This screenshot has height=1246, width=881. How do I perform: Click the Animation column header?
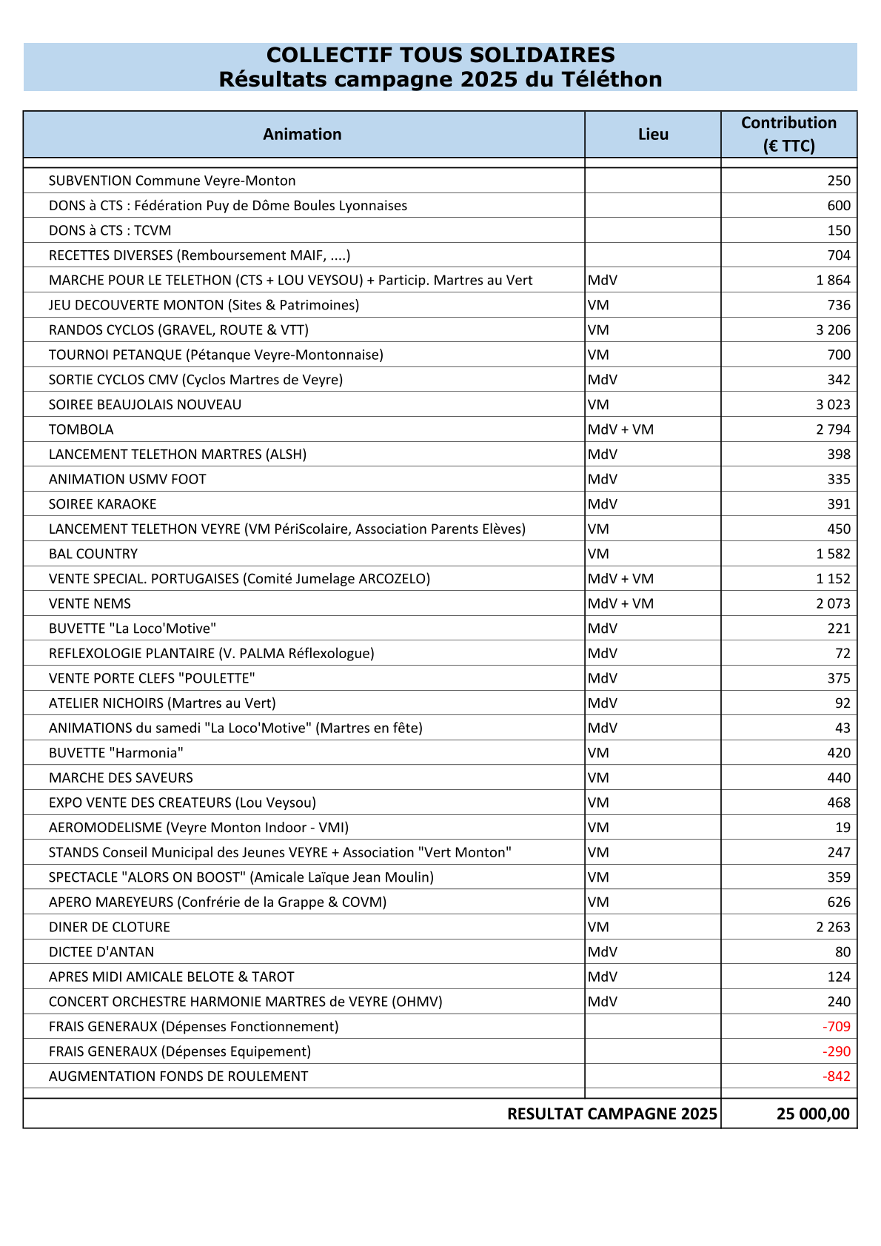pyautogui.click(x=302, y=134)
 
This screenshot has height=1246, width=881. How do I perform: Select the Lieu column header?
pyautogui.click(x=653, y=134)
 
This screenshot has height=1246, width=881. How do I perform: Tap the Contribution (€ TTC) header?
pyautogui.click(x=788, y=134)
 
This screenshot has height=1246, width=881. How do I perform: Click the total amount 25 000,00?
pyautogui.click(x=813, y=1113)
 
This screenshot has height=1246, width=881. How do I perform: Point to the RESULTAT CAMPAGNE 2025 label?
pyautogui.click(x=612, y=1113)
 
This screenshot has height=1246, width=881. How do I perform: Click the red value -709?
pyautogui.click(x=836, y=1026)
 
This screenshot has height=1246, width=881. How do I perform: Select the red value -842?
pyautogui.click(x=836, y=1076)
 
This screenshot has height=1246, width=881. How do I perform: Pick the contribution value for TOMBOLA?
pyautogui.click(x=833, y=429)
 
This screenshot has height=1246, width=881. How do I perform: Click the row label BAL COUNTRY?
pyautogui.click(x=93, y=554)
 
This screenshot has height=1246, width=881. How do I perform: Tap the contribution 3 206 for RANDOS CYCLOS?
pyautogui.click(x=833, y=329)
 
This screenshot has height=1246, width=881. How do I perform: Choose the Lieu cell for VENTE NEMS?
pyautogui.click(x=620, y=603)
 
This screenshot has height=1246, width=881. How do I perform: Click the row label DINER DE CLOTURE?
pyautogui.click(x=110, y=927)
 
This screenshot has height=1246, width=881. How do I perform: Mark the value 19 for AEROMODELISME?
pyautogui.click(x=843, y=827)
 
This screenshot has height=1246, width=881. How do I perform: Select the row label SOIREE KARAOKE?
pyautogui.click(x=103, y=504)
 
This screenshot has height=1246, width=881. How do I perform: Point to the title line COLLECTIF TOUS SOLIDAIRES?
pyautogui.click(x=440, y=55)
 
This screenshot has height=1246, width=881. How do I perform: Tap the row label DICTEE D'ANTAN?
pyautogui.click(x=101, y=951)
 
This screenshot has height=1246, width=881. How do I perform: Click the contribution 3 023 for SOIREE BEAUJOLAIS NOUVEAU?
pyautogui.click(x=833, y=404)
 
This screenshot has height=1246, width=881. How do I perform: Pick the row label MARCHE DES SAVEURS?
pyautogui.click(x=121, y=777)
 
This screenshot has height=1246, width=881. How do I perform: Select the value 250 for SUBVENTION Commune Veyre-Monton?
pyautogui.click(x=839, y=181)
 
